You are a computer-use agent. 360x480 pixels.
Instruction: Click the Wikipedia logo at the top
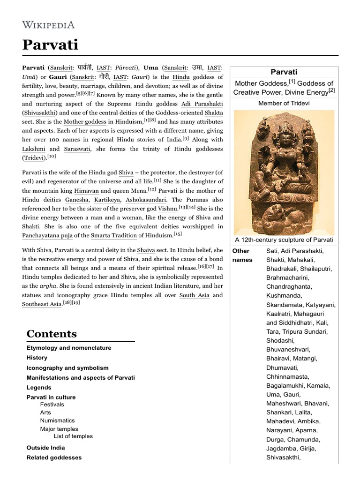[x=48, y=24]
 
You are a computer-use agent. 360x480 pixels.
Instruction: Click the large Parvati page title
[x=50, y=45]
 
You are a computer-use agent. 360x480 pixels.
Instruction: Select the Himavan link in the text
[x=86, y=191]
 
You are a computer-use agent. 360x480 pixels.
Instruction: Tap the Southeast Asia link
[x=42, y=304]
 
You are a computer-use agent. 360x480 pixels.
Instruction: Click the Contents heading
[x=52, y=334]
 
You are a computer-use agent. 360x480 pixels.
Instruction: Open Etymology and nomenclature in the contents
[x=69, y=348]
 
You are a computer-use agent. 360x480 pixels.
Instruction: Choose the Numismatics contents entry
[x=57, y=420]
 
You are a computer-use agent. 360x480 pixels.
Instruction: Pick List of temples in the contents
[x=73, y=436]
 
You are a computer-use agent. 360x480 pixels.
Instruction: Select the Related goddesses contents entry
[x=54, y=457]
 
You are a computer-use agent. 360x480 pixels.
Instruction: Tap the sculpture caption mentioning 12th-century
[x=284, y=240]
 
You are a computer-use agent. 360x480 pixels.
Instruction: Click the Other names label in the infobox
[x=242, y=255]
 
